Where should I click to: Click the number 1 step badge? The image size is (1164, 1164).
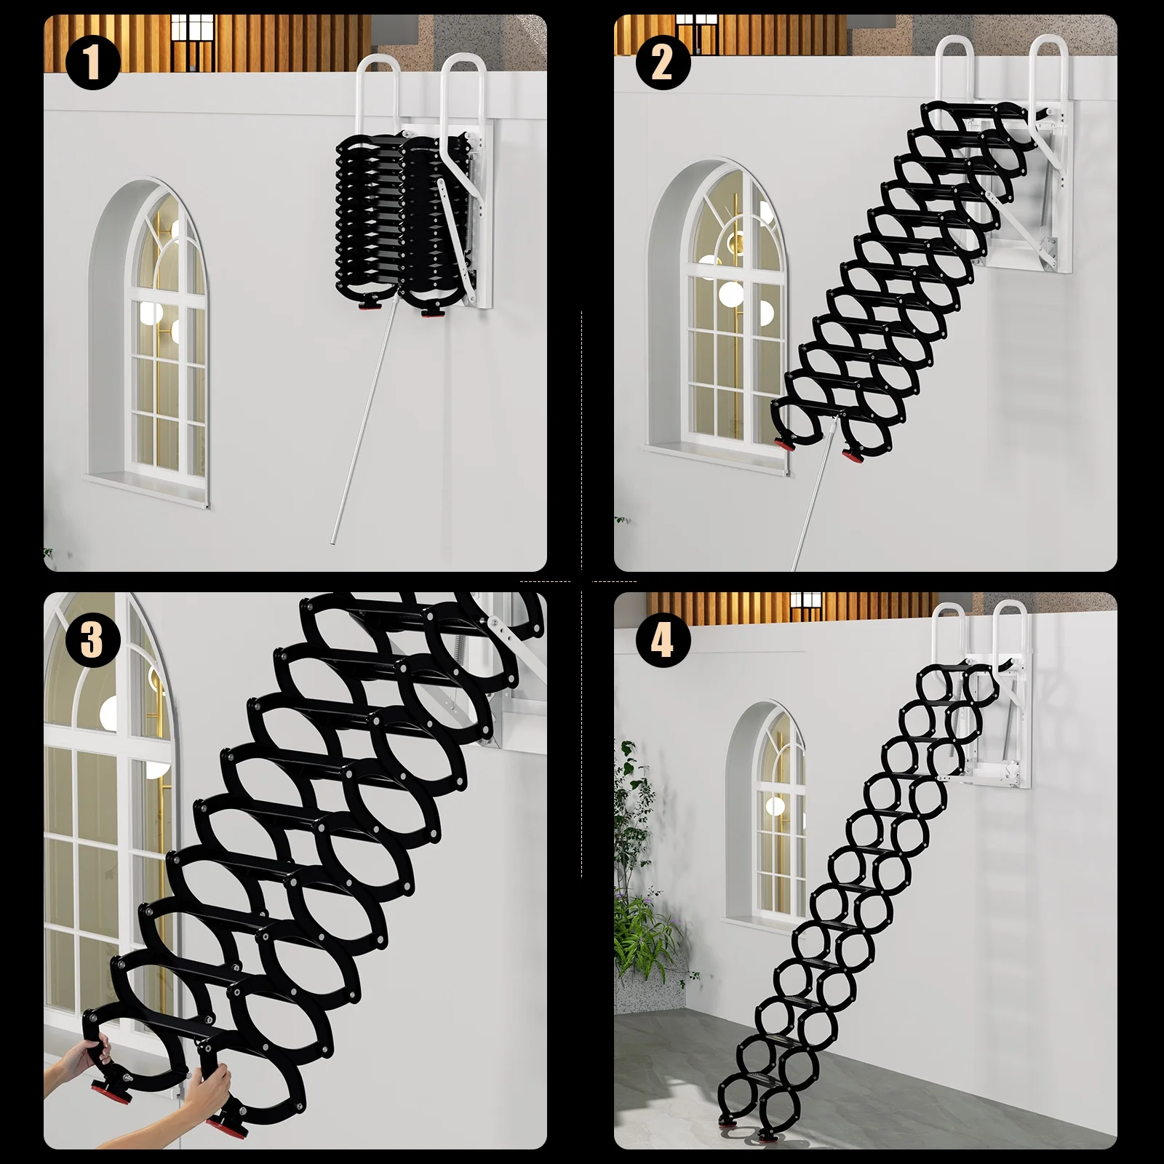coord(92,63)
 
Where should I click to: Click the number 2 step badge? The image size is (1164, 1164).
coord(663,63)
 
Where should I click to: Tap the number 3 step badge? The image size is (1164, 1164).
coord(92,640)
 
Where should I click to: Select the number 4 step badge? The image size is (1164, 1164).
coord(663,640)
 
